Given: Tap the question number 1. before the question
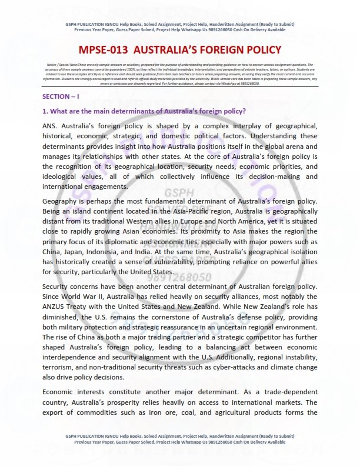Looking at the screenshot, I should [x=45, y=112].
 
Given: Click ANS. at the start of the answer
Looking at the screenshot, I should [x=51, y=126].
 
